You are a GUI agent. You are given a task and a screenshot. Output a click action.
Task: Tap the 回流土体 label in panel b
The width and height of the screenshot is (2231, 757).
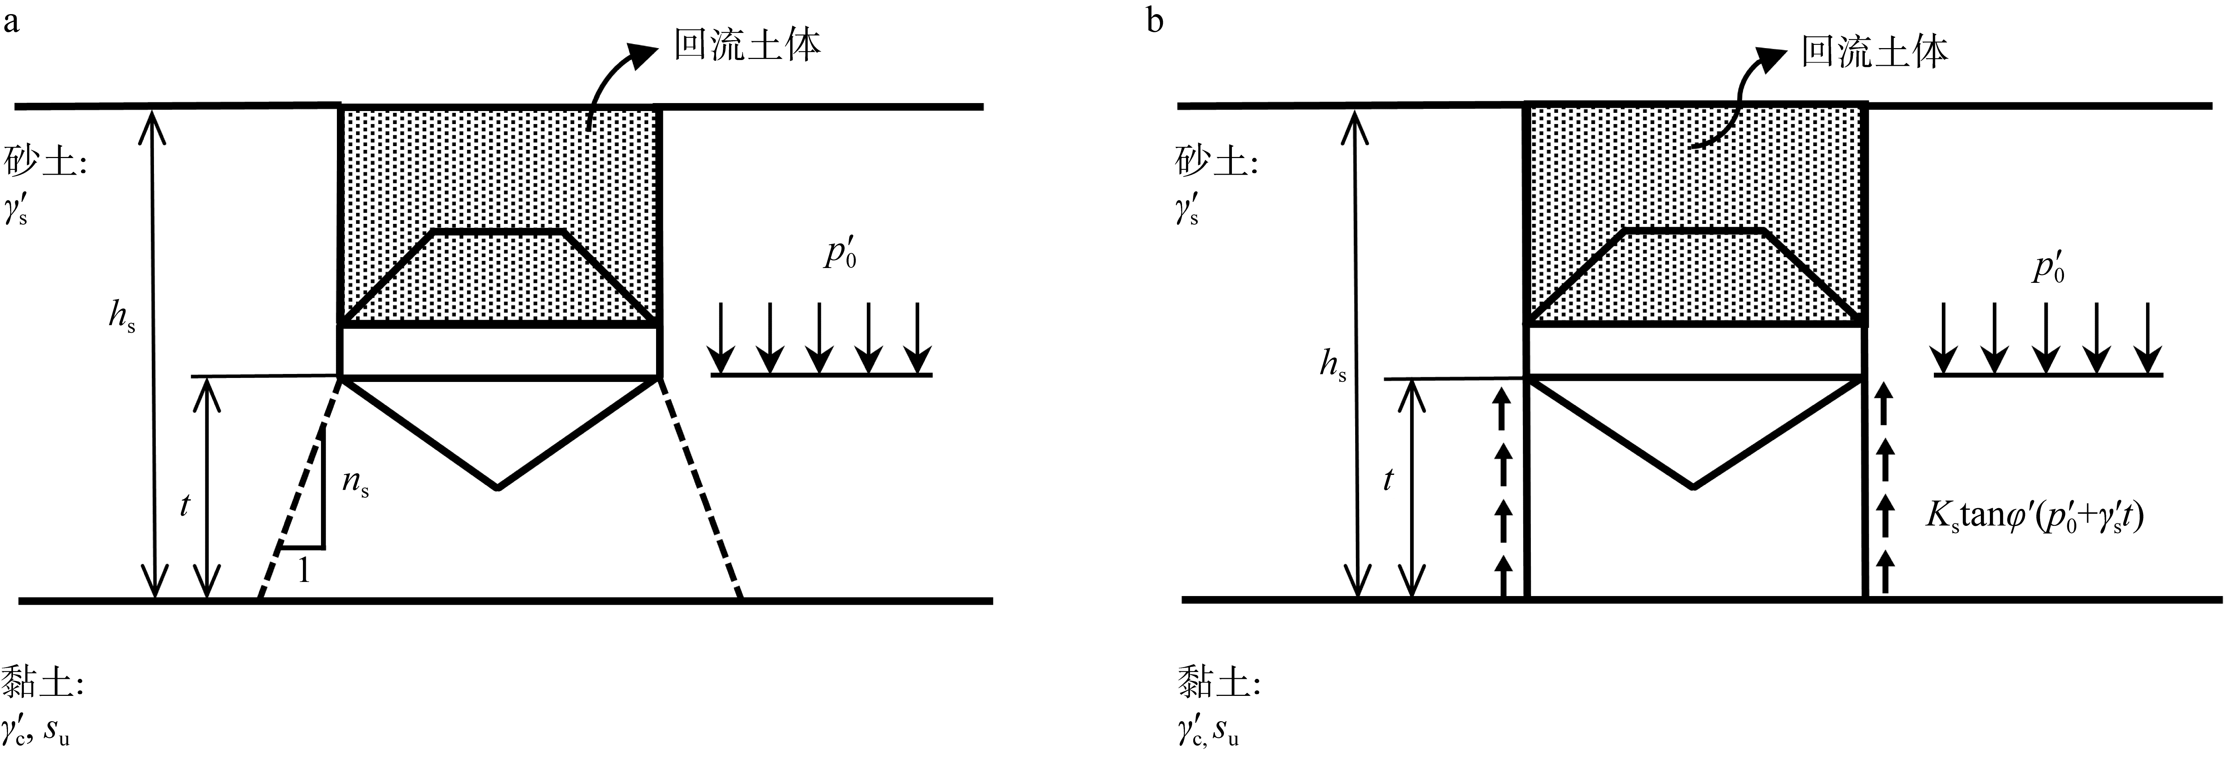tap(1874, 52)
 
